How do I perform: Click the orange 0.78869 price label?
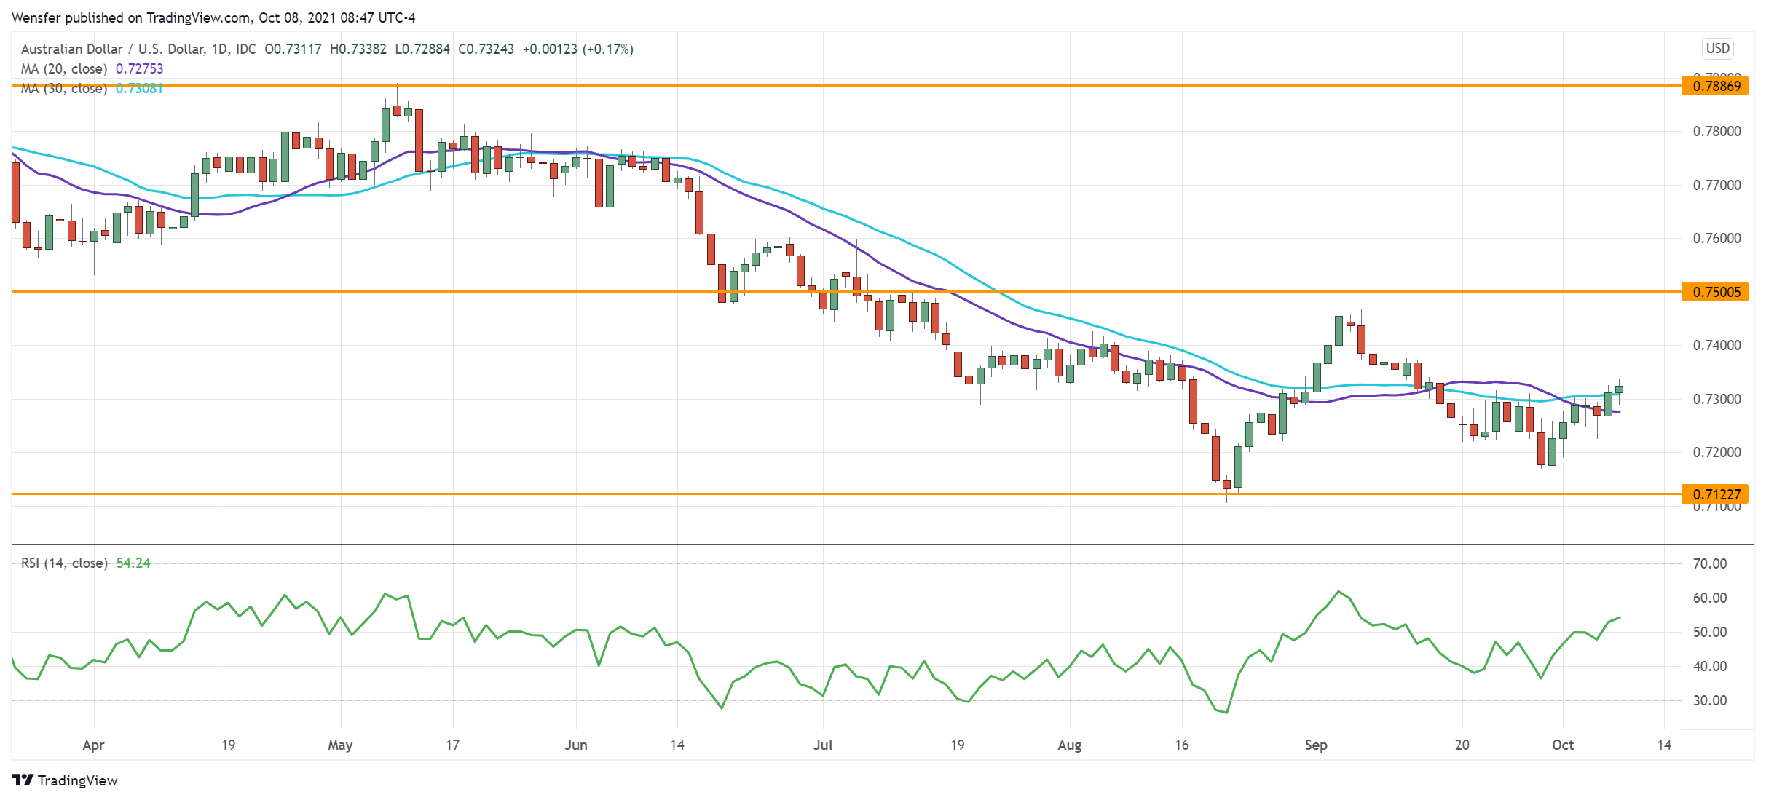(1716, 86)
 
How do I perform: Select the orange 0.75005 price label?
(1716, 292)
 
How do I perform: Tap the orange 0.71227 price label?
(1716, 494)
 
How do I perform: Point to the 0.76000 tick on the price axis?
(1716, 239)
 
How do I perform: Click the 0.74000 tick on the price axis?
(1716, 346)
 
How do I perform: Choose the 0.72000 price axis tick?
(1716, 453)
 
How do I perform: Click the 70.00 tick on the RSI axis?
(1709, 564)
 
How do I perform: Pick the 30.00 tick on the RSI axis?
(1709, 701)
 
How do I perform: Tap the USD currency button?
(1717, 49)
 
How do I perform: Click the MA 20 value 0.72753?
(140, 69)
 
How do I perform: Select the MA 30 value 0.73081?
(140, 89)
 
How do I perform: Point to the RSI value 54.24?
(133, 563)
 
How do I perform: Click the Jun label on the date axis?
(575, 745)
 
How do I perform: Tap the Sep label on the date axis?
(1315, 745)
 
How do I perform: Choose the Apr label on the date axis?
(93, 745)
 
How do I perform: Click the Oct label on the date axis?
(1562, 745)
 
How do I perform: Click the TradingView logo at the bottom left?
(65, 780)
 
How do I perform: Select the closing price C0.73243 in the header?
(486, 49)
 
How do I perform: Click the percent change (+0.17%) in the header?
(608, 49)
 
